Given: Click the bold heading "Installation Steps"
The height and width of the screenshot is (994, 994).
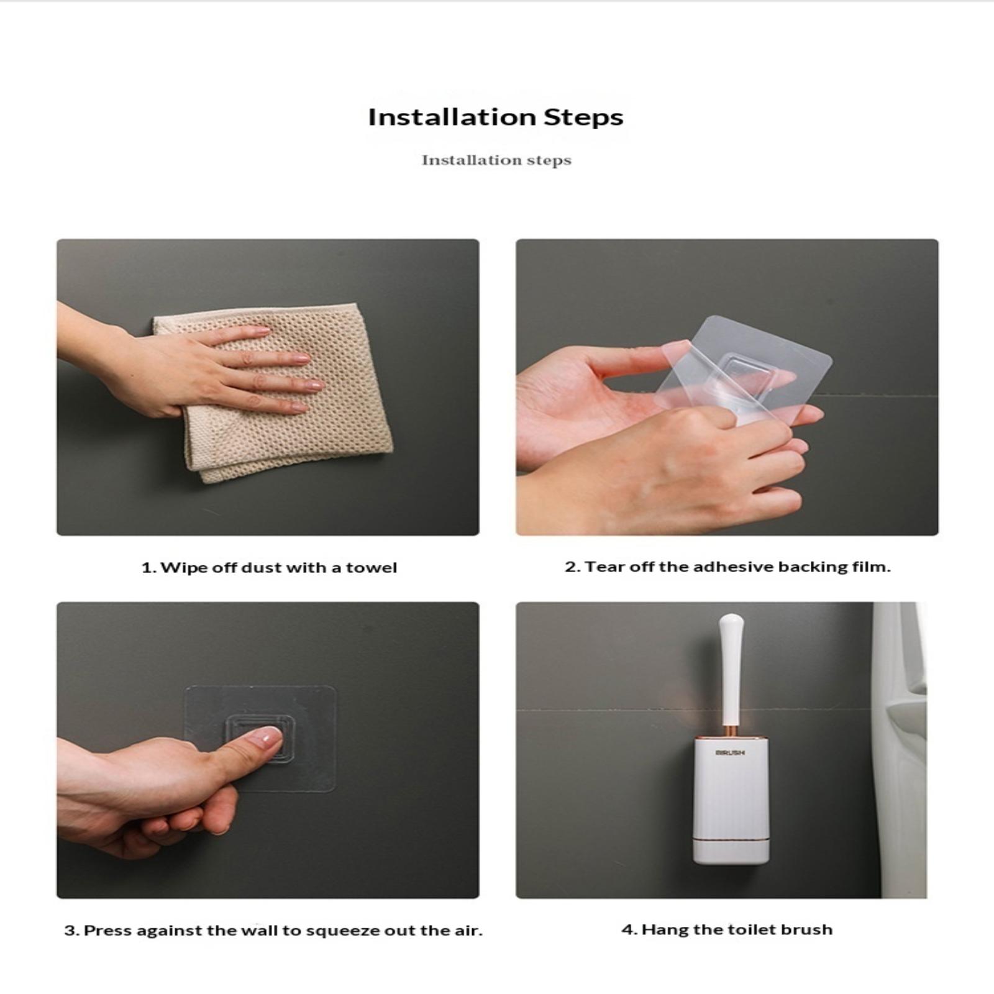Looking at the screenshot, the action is point(496,117).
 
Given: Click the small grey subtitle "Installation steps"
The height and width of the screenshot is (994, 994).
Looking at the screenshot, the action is point(496,160).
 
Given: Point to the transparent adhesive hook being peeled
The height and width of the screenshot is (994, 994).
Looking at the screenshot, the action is point(745,379).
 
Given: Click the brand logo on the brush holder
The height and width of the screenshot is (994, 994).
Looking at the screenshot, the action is point(730,753).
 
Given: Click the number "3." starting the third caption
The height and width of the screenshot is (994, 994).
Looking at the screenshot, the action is point(71,931).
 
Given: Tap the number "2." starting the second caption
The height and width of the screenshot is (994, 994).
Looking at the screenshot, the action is point(572,567).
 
